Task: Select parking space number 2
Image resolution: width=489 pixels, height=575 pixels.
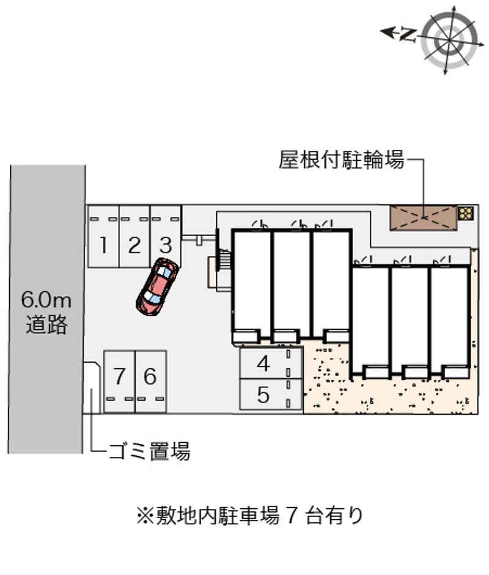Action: pos(134,245)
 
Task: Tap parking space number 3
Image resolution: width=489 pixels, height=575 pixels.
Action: pos(166,245)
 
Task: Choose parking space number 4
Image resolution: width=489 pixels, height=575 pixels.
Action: pos(263,363)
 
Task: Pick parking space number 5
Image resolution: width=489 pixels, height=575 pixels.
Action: pos(263,395)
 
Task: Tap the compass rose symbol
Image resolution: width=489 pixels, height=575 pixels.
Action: pos(450,40)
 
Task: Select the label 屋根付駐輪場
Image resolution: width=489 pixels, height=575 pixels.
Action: pos(341,161)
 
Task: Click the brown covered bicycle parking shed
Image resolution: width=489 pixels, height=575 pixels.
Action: pos(424,217)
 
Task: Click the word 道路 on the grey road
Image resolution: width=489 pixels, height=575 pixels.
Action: pos(46,325)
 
